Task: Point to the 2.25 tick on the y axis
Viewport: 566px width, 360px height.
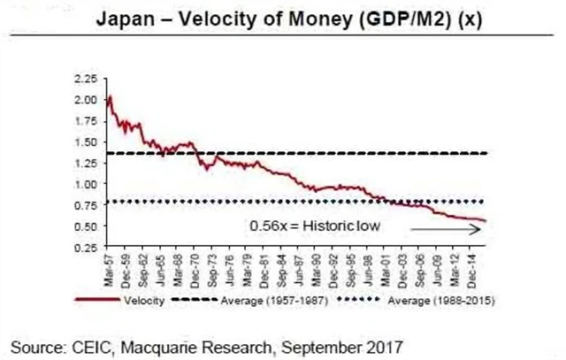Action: (x=88, y=80)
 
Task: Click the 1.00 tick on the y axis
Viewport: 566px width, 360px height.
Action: (x=88, y=184)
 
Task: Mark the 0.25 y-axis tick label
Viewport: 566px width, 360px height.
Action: (x=88, y=247)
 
